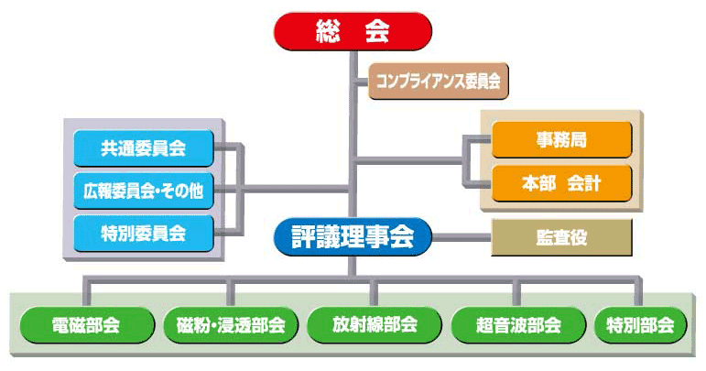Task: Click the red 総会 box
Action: point(353,31)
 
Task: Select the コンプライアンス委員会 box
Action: point(438,82)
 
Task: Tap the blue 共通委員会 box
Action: point(144,148)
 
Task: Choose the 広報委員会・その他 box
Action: point(144,191)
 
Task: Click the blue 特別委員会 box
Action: point(144,234)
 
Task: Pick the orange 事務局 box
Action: point(561,139)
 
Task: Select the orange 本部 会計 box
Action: point(561,183)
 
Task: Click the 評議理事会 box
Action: point(353,237)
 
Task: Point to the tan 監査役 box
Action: point(561,237)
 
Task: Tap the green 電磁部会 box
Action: point(87,324)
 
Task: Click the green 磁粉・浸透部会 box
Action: point(231,324)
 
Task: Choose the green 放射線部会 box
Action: point(375,324)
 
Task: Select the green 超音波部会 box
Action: point(518,324)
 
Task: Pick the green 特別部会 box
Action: point(640,324)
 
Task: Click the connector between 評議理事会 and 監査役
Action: point(462,237)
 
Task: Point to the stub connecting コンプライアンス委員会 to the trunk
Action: point(362,82)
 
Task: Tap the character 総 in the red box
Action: point(328,31)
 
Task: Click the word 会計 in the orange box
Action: point(584,183)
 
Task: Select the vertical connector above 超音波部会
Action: point(516,292)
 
